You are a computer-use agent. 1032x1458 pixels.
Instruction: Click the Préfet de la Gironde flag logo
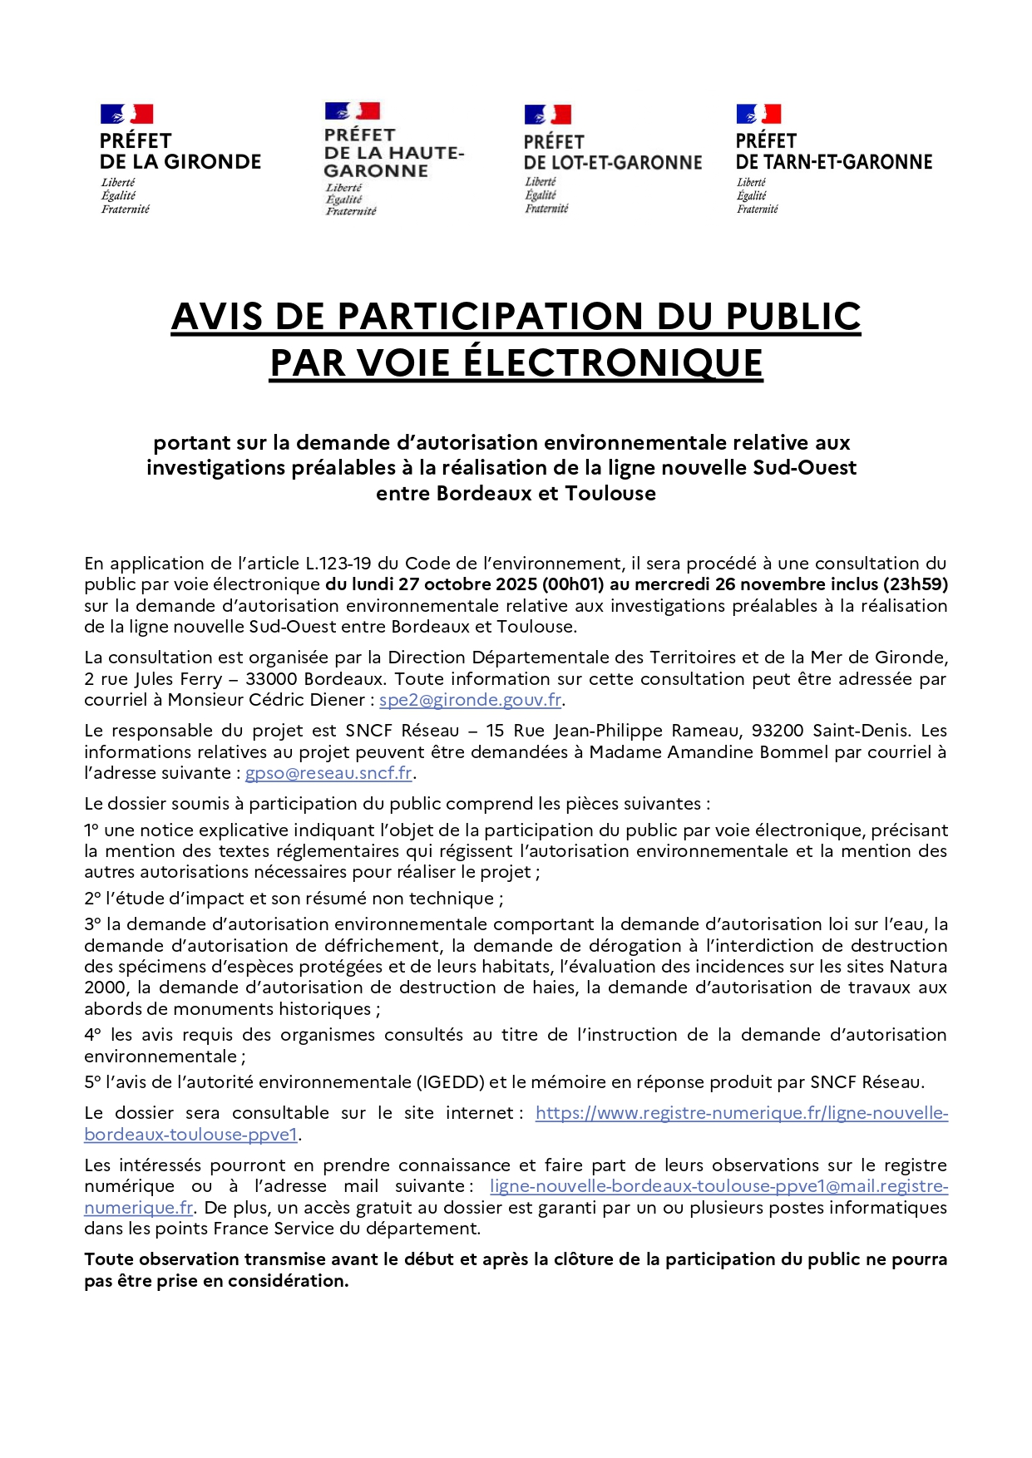[126, 114]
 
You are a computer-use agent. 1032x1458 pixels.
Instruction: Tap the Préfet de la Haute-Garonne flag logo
[352, 111]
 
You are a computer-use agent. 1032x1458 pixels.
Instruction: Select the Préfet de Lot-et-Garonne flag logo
[547, 115]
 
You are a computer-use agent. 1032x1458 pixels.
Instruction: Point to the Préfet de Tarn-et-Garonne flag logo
[758, 114]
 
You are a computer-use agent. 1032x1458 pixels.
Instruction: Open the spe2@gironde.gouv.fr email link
[471, 700]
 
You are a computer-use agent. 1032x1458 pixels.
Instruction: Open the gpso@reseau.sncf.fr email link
[329, 773]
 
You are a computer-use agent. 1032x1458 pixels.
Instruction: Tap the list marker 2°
[92, 899]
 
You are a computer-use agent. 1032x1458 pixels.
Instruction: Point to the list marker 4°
[93, 1035]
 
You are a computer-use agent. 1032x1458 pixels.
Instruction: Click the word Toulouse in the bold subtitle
[610, 494]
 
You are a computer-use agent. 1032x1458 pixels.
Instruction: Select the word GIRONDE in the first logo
[212, 162]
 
